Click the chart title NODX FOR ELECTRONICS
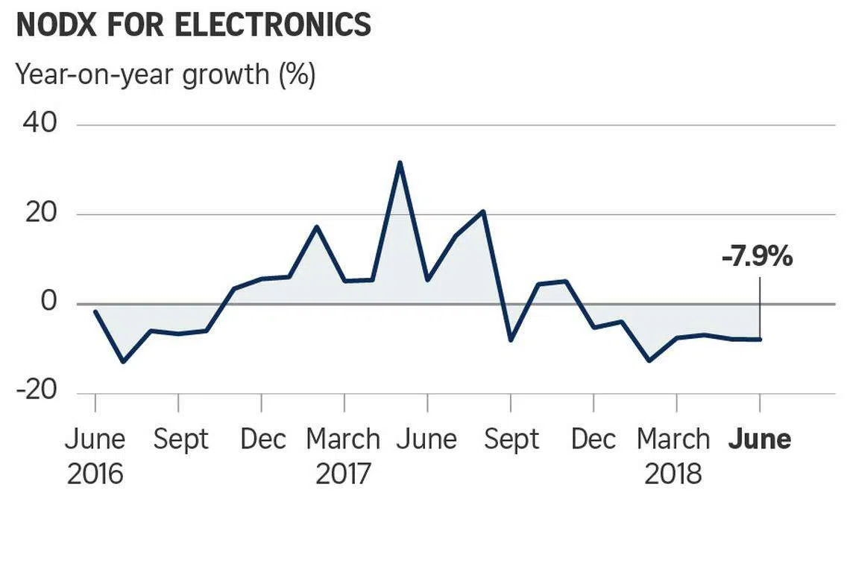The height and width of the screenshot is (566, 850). click(x=193, y=25)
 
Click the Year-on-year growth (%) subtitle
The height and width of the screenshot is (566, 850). click(x=166, y=74)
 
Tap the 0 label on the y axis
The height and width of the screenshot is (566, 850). click(x=48, y=303)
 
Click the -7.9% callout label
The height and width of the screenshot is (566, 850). click(x=756, y=258)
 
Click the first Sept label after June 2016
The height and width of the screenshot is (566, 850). click(x=180, y=439)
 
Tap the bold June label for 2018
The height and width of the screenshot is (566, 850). click(x=759, y=439)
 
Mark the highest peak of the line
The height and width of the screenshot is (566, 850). click(x=400, y=162)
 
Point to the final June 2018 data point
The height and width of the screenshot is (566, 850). click(x=760, y=339)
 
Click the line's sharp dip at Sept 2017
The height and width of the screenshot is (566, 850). click(x=511, y=340)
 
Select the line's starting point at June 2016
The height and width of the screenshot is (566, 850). click(x=95, y=311)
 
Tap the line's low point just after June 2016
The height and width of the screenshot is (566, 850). click(x=123, y=362)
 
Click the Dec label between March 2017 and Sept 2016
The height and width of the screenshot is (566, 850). click(x=262, y=439)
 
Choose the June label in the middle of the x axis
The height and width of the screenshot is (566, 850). click(x=426, y=439)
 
